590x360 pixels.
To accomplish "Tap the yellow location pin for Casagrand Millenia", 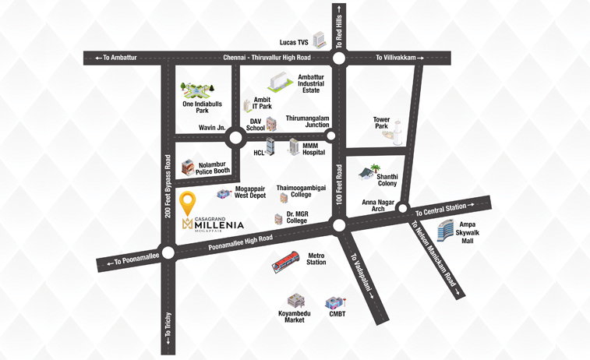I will click(188, 205).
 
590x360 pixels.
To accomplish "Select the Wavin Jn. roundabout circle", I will click(235, 139).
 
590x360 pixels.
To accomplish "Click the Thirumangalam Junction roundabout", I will click(330, 136).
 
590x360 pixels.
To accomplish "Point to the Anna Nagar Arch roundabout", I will click(403, 208).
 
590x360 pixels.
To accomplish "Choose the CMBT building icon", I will click(335, 302).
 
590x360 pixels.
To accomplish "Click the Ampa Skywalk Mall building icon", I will click(445, 230).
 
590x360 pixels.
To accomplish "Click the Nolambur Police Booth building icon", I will click(188, 167).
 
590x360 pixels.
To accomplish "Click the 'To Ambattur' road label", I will click(115, 58).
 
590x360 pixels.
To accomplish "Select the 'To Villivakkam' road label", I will click(401, 58).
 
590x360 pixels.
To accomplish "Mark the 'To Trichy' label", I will click(168, 332).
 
